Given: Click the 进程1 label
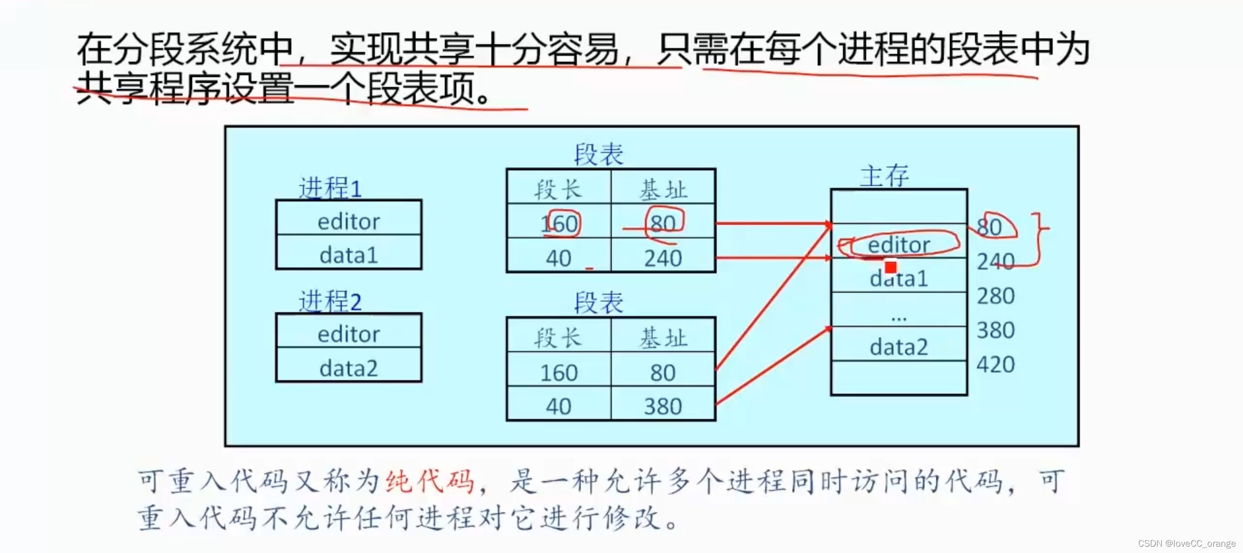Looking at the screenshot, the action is pos(330,188).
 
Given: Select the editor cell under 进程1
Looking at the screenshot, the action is pos(349,221).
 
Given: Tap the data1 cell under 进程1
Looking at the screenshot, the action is pos(349,255).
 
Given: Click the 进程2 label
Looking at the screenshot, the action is pos(330,302).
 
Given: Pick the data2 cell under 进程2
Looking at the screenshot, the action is pos(349,368).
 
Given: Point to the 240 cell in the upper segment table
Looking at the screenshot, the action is pos(663,258).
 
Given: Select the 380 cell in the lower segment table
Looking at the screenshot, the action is pos(663,406).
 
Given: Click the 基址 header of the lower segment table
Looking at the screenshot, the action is pos(663,337).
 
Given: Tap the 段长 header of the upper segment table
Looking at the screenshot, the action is pos(558,189).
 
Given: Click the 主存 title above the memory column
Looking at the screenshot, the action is pos(884,175).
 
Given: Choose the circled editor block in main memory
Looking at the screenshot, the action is pos(899,244).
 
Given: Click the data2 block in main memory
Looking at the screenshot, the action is pos(899,347).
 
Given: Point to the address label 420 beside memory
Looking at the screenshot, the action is pos(995,364).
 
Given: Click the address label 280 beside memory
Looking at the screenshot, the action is pos(995,296).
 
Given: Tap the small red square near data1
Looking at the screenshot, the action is pos(890,267).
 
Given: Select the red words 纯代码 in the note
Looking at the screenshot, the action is pos(430,481).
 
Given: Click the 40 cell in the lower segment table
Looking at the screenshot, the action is pos(558,406).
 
